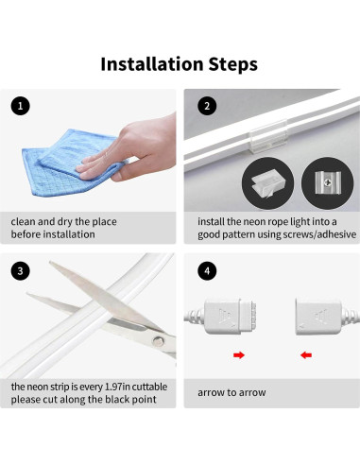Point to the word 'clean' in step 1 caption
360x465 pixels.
coord(25,221)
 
